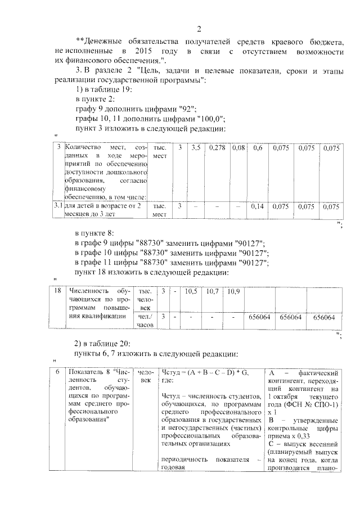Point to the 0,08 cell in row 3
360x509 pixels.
[238, 148]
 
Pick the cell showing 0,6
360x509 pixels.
[258, 148]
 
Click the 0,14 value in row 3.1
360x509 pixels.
[258, 207]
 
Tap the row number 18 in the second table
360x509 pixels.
[57, 291]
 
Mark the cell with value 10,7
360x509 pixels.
[212, 291]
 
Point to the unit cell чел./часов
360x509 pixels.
[146, 321]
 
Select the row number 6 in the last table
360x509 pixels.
[57, 373]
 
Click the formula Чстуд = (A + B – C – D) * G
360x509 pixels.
[204, 373]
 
